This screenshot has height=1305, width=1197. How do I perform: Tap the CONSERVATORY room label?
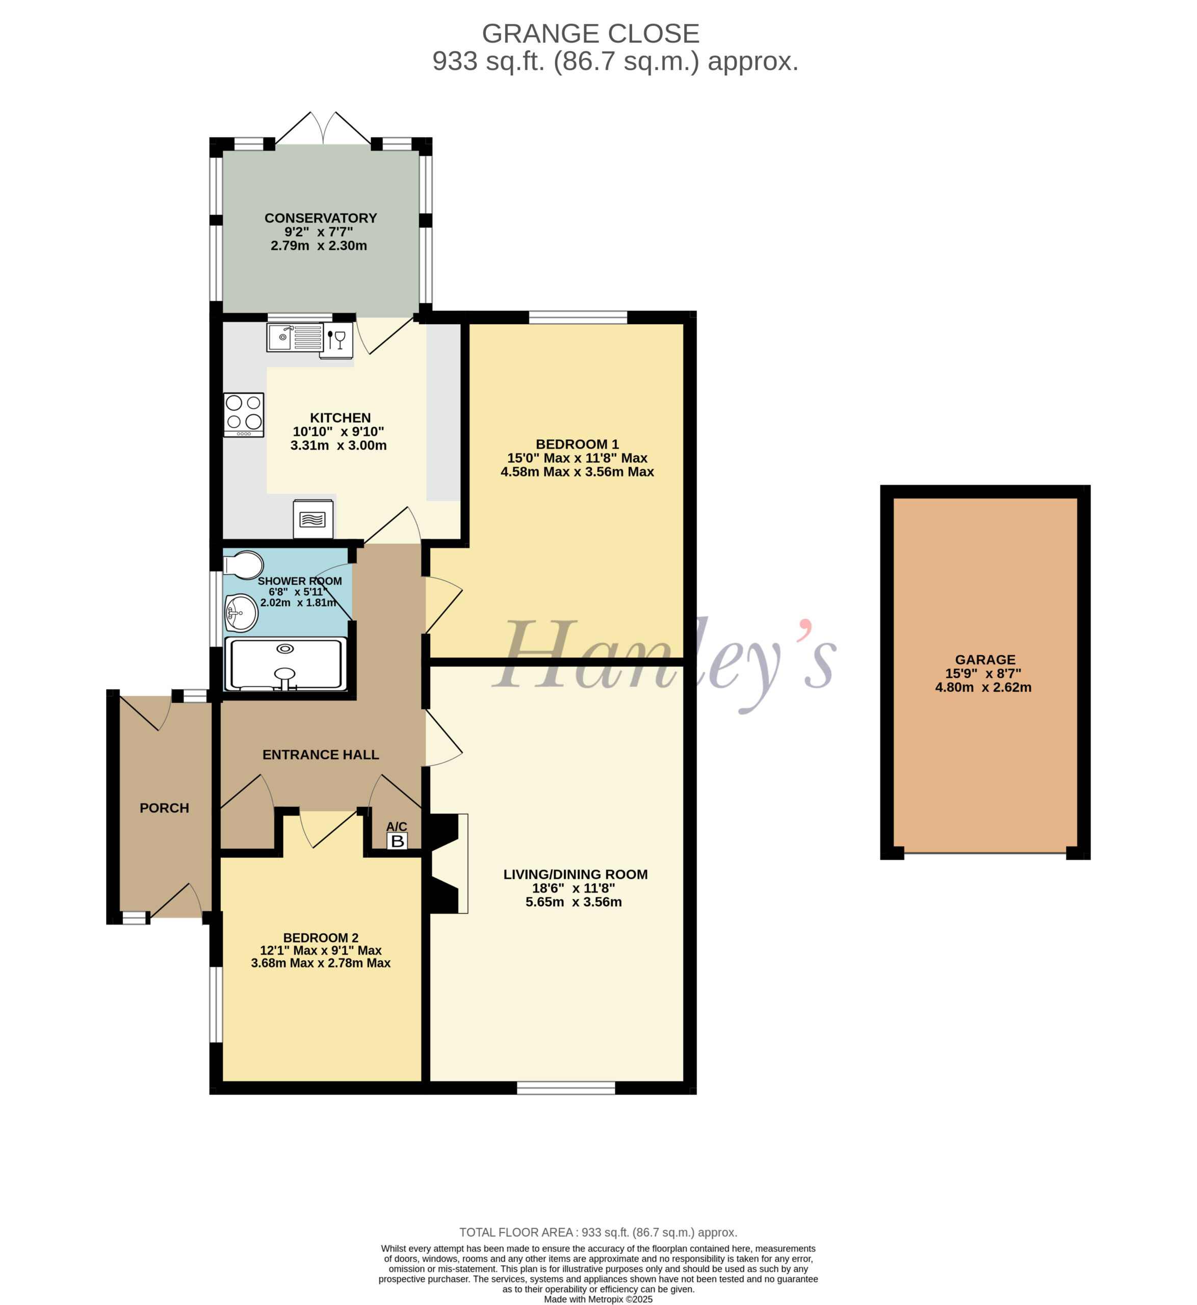[x=321, y=218]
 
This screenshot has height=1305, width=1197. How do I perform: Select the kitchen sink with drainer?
[x=295, y=337]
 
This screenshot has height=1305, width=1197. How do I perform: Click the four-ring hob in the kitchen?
[x=244, y=414]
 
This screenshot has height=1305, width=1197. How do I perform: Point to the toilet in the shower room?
[x=243, y=565]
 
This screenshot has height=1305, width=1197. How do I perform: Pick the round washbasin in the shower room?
[x=241, y=613]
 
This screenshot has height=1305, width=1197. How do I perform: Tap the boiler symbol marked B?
[x=397, y=841]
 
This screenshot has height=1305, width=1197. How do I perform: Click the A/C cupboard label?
[x=397, y=826]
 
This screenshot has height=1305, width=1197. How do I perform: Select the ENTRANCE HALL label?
[x=321, y=754]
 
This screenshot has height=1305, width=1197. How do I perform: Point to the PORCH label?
[x=165, y=807]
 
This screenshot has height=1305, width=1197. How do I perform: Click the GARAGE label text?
[x=985, y=659]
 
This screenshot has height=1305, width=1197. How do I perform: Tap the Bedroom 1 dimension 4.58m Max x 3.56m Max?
[x=577, y=472]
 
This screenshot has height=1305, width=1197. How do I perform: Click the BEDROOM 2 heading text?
[x=321, y=937]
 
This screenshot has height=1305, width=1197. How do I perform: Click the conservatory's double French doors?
[x=323, y=128]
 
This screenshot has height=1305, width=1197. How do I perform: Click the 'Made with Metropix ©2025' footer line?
[x=598, y=1298]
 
